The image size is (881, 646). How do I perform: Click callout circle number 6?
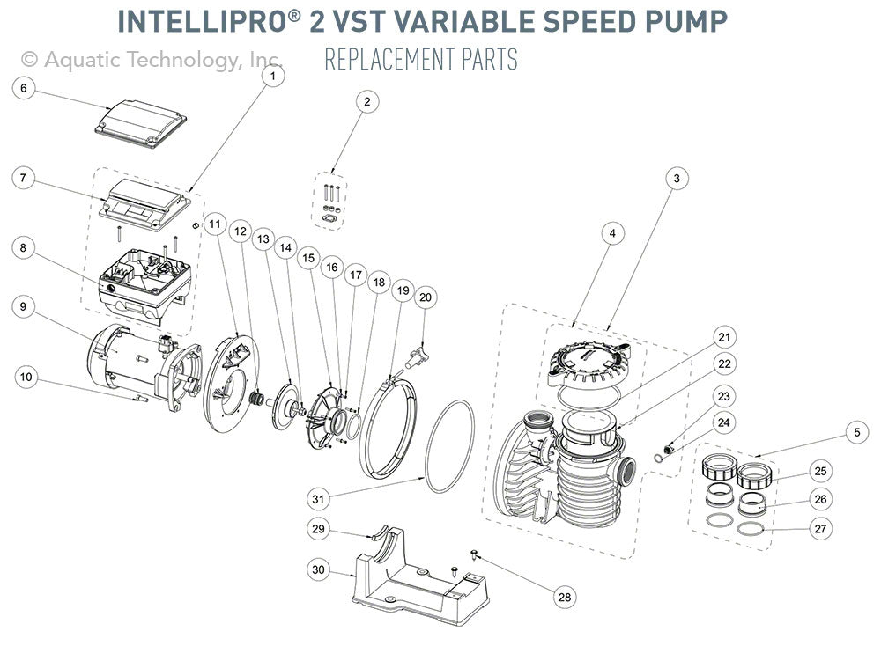[x=24, y=87]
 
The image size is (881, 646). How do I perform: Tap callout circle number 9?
[x=24, y=307]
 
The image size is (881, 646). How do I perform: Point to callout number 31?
[x=318, y=498]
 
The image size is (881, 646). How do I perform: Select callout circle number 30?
[x=318, y=569]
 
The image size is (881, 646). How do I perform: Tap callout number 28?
[x=564, y=597]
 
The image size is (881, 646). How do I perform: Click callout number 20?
[x=426, y=297]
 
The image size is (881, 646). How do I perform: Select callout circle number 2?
[x=367, y=101]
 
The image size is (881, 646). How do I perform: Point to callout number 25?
[x=820, y=472]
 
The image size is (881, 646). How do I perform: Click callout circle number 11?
[x=214, y=224]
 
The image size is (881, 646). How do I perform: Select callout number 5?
[x=854, y=432]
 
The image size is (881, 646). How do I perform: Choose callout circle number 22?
[x=724, y=363]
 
